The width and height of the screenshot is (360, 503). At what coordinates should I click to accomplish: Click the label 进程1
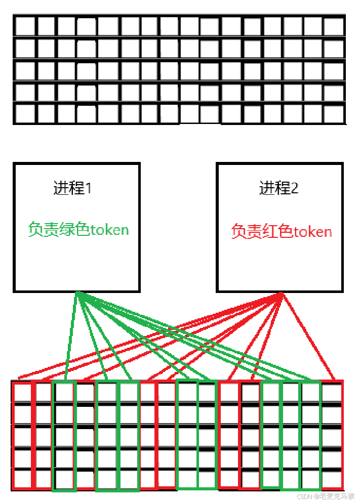[73, 188]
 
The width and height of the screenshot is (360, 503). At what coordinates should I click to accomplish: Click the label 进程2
[279, 188]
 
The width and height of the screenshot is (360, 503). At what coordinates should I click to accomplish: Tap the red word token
[312, 232]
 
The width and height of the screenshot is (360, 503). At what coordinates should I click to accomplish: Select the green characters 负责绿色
[59, 230]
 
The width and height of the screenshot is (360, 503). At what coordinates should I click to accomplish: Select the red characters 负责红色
[262, 232]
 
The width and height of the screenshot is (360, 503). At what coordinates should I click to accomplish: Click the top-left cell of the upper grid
[25, 26]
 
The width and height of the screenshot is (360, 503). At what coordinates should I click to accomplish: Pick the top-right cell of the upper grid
[334, 26]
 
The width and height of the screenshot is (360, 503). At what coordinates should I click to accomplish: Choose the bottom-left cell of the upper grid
[25, 113]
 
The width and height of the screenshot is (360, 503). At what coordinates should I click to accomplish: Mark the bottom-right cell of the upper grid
[334, 113]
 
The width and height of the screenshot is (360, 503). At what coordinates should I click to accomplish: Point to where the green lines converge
[77, 293]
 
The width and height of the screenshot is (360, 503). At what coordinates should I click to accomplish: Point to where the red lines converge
[282, 294]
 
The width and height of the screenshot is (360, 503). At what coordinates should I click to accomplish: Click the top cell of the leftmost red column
[22, 393]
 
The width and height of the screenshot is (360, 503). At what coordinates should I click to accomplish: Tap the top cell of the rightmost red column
[332, 393]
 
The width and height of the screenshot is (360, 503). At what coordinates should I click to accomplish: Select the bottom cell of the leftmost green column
[64, 478]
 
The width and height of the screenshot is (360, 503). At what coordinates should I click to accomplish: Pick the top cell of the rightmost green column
[311, 393]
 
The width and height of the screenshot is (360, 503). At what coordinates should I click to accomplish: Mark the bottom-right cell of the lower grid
[332, 478]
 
